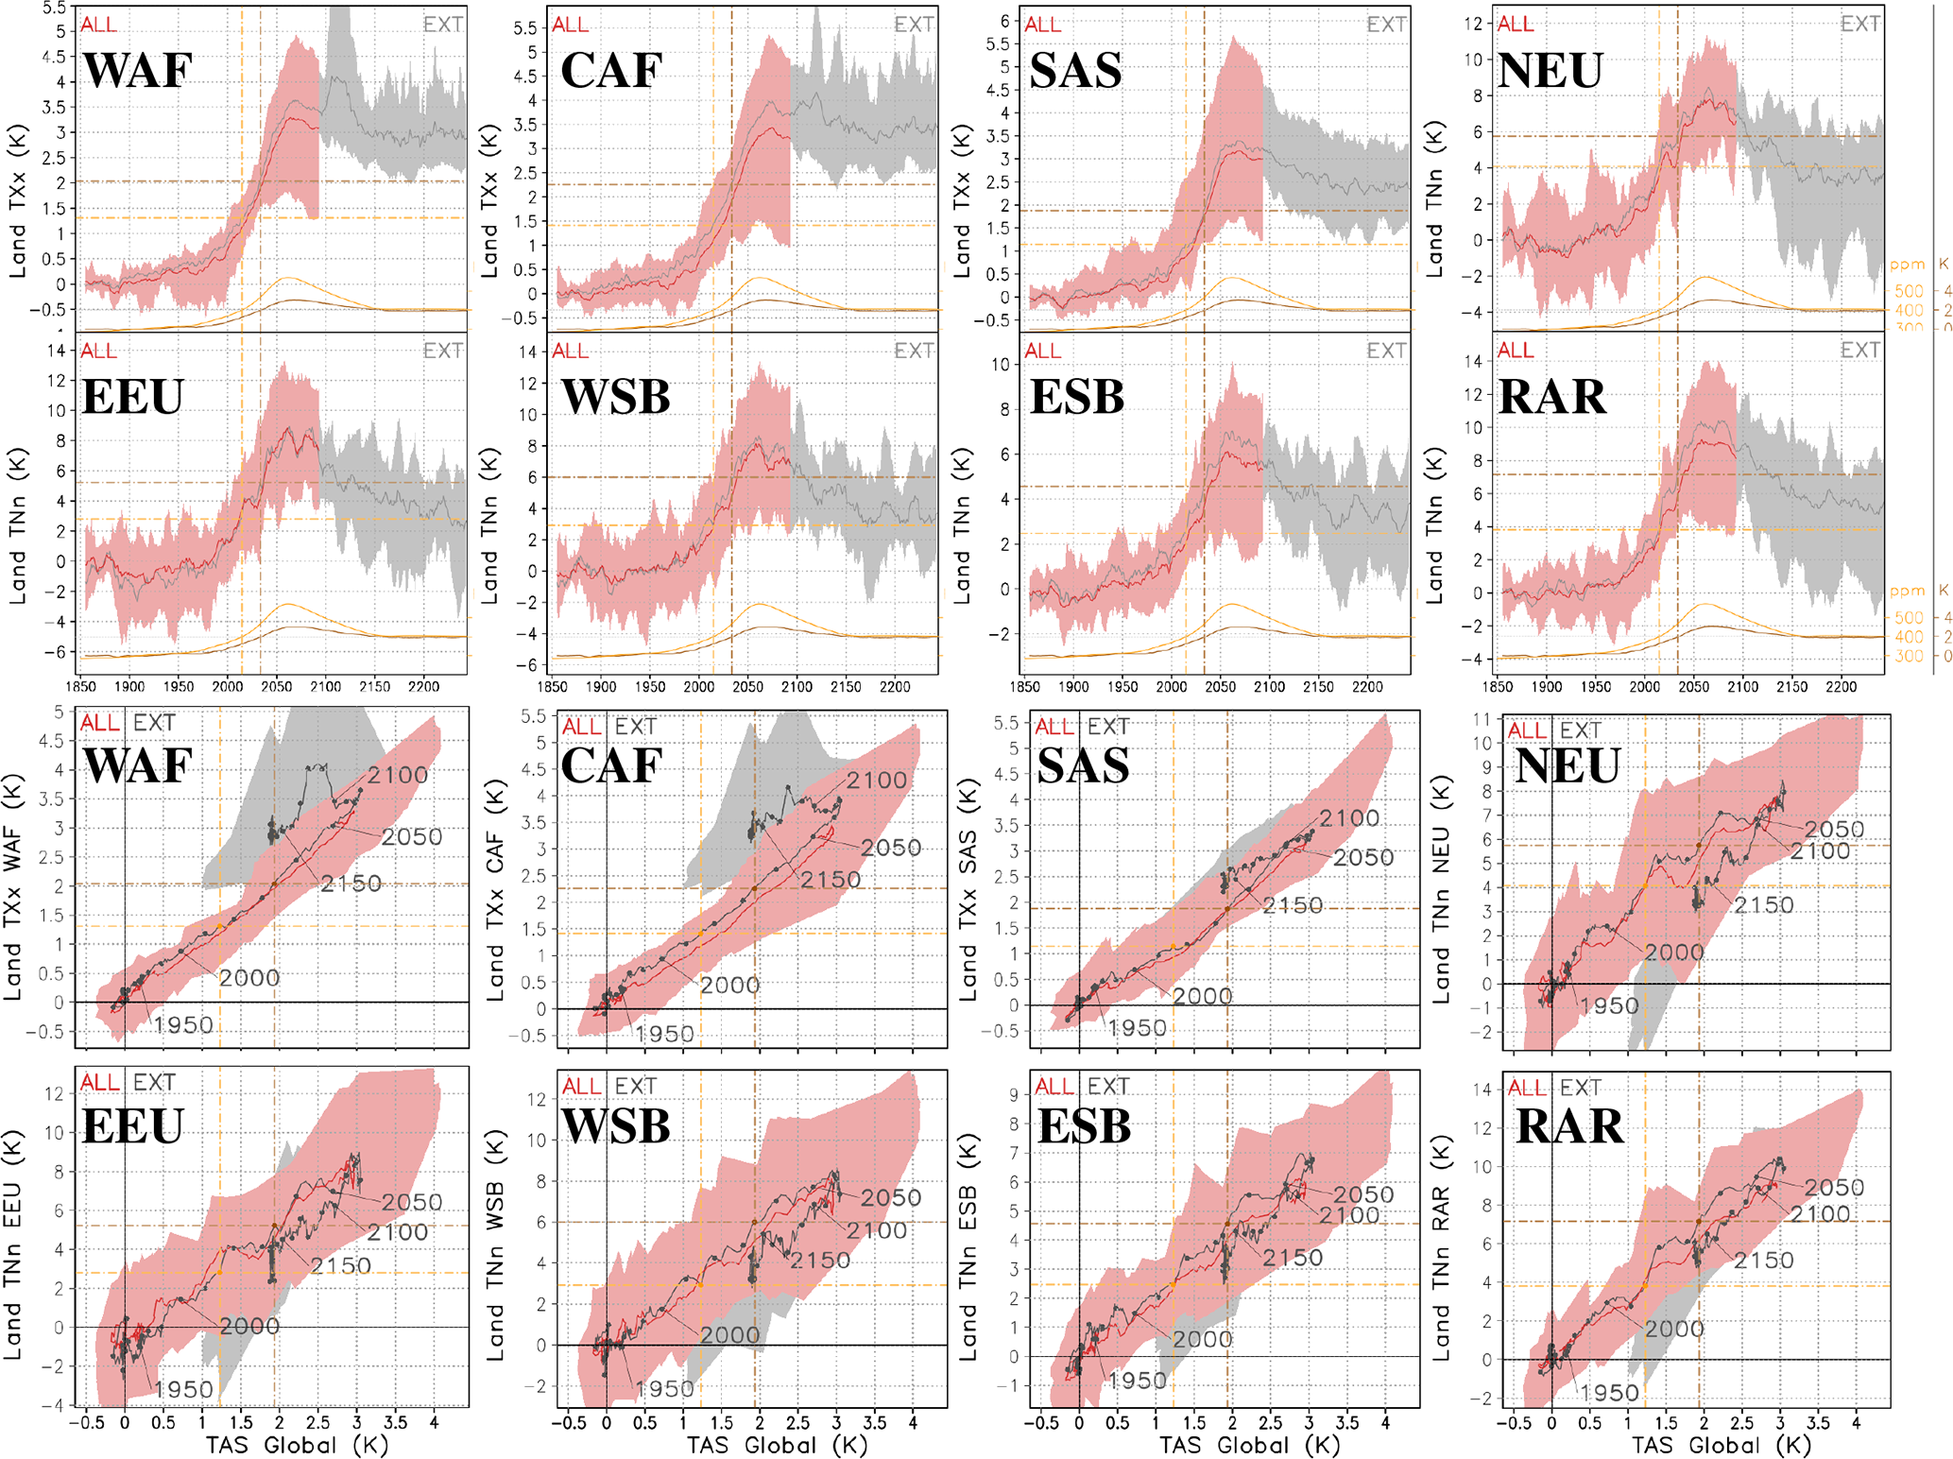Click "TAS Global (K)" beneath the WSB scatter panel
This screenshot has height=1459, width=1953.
(x=777, y=1445)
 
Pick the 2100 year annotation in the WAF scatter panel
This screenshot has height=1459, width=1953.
(x=398, y=776)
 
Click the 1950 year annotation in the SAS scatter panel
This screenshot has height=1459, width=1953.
(x=1137, y=1028)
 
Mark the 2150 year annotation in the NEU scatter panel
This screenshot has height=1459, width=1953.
(x=1763, y=905)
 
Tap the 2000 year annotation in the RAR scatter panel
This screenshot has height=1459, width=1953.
(x=1674, y=1329)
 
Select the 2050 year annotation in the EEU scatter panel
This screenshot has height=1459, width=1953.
(x=412, y=1202)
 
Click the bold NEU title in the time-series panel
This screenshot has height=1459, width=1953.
(x=1550, y=70)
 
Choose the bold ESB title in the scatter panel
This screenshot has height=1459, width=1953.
(x=1084, y=1126)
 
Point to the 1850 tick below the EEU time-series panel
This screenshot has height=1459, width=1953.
(x=80, y=687)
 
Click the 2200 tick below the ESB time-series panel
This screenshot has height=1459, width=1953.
(x=1367, y=687)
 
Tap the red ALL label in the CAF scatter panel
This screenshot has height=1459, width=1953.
(x=581, y=727)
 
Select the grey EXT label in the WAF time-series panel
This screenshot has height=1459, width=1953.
(x=443, y=25)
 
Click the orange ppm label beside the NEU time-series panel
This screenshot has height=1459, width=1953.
(x=1907, y=265)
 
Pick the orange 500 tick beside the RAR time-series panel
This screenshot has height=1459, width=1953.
(x=1909, y=618)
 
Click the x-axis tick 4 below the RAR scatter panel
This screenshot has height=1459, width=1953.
(x=1856, y=1422)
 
